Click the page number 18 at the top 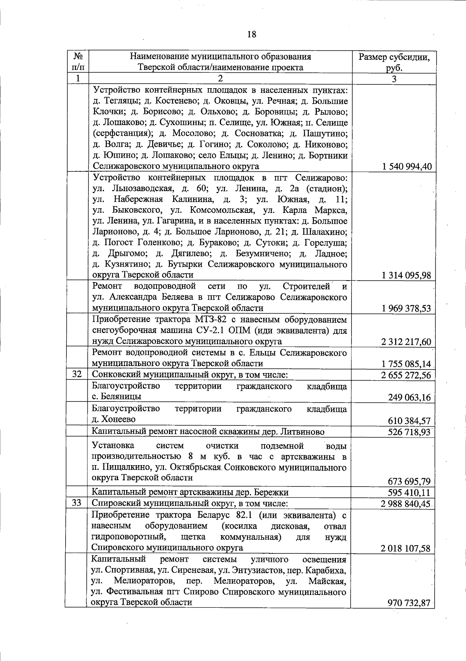(x=251, y=34)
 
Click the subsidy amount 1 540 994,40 (x=406, y=167)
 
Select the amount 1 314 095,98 (x=406, y=276)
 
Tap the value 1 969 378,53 (x=406, y=309)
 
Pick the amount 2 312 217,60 (x=406, y=342)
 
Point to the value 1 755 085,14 (x=406, y=364)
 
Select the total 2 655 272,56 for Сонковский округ (x=406, y=375)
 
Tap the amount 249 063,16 (x=409, y=398)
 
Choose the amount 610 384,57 (x=409, y=420)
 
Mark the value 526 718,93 (x=409, y=432)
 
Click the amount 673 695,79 (x=409, y=481)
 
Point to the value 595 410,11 (x=409, y=493)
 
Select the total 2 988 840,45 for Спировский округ (x=406, y=504)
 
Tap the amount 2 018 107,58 (x=406, y=548)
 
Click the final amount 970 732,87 (x=409, y=603)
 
